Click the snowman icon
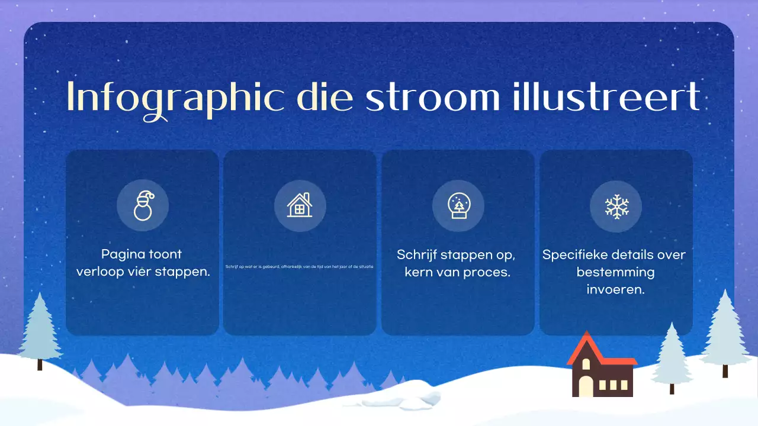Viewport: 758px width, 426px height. (x=143, y=205)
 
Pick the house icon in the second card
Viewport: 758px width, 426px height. (x=300, y=205)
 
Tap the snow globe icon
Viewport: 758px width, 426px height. (x=458, y=205)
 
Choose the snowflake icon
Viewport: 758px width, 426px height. (x=616, y=206)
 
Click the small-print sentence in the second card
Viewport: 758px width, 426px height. (x=300, y=266)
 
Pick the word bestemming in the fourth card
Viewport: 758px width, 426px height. (x=615, y=273)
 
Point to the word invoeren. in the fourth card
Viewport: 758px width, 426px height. (x=615, y=290)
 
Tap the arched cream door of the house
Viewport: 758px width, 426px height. (x=585, y=385)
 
